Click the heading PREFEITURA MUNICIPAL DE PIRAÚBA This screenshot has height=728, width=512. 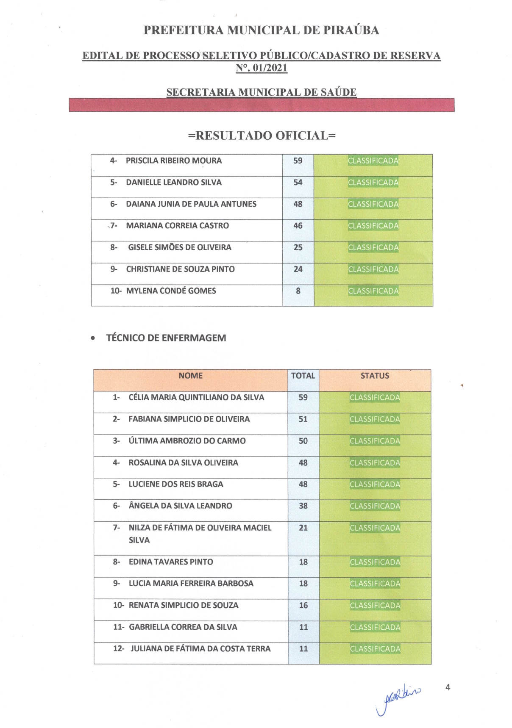[261, 30]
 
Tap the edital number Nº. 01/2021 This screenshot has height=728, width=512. [262, 68]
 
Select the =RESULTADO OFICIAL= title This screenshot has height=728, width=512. [262, 136]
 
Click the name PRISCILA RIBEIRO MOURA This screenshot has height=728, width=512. [174, 161]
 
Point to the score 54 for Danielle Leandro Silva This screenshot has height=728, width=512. [298, 183]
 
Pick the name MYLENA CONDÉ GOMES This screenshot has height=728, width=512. [171, 291]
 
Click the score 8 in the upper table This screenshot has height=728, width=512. [298, 291]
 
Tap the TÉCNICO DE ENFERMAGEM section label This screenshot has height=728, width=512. [166, 338]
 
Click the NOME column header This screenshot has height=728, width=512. [190, 376]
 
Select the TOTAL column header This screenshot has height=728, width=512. [303, 376]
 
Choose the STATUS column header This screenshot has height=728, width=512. [375, 376]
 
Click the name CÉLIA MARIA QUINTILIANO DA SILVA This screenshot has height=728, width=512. [196, 398]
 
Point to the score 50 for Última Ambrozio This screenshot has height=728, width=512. [303, 441]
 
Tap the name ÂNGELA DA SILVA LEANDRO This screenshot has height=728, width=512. [180, 506]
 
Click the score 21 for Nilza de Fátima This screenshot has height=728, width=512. [303, 528]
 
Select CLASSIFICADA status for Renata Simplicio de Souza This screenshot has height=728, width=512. [375, 606]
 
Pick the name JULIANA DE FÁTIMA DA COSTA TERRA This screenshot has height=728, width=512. [200, 649]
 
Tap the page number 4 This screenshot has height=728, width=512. [448, 687]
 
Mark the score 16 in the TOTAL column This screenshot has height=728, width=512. [303, 606]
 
